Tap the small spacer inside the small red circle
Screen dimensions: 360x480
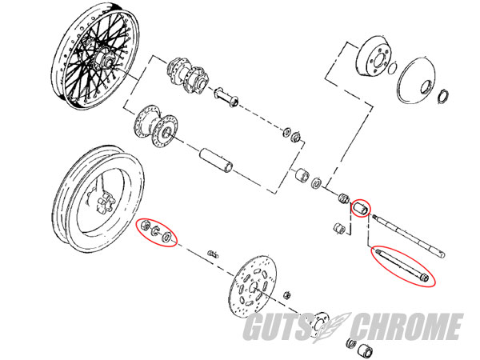point(362,209)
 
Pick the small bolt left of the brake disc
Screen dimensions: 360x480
point(213,254)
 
